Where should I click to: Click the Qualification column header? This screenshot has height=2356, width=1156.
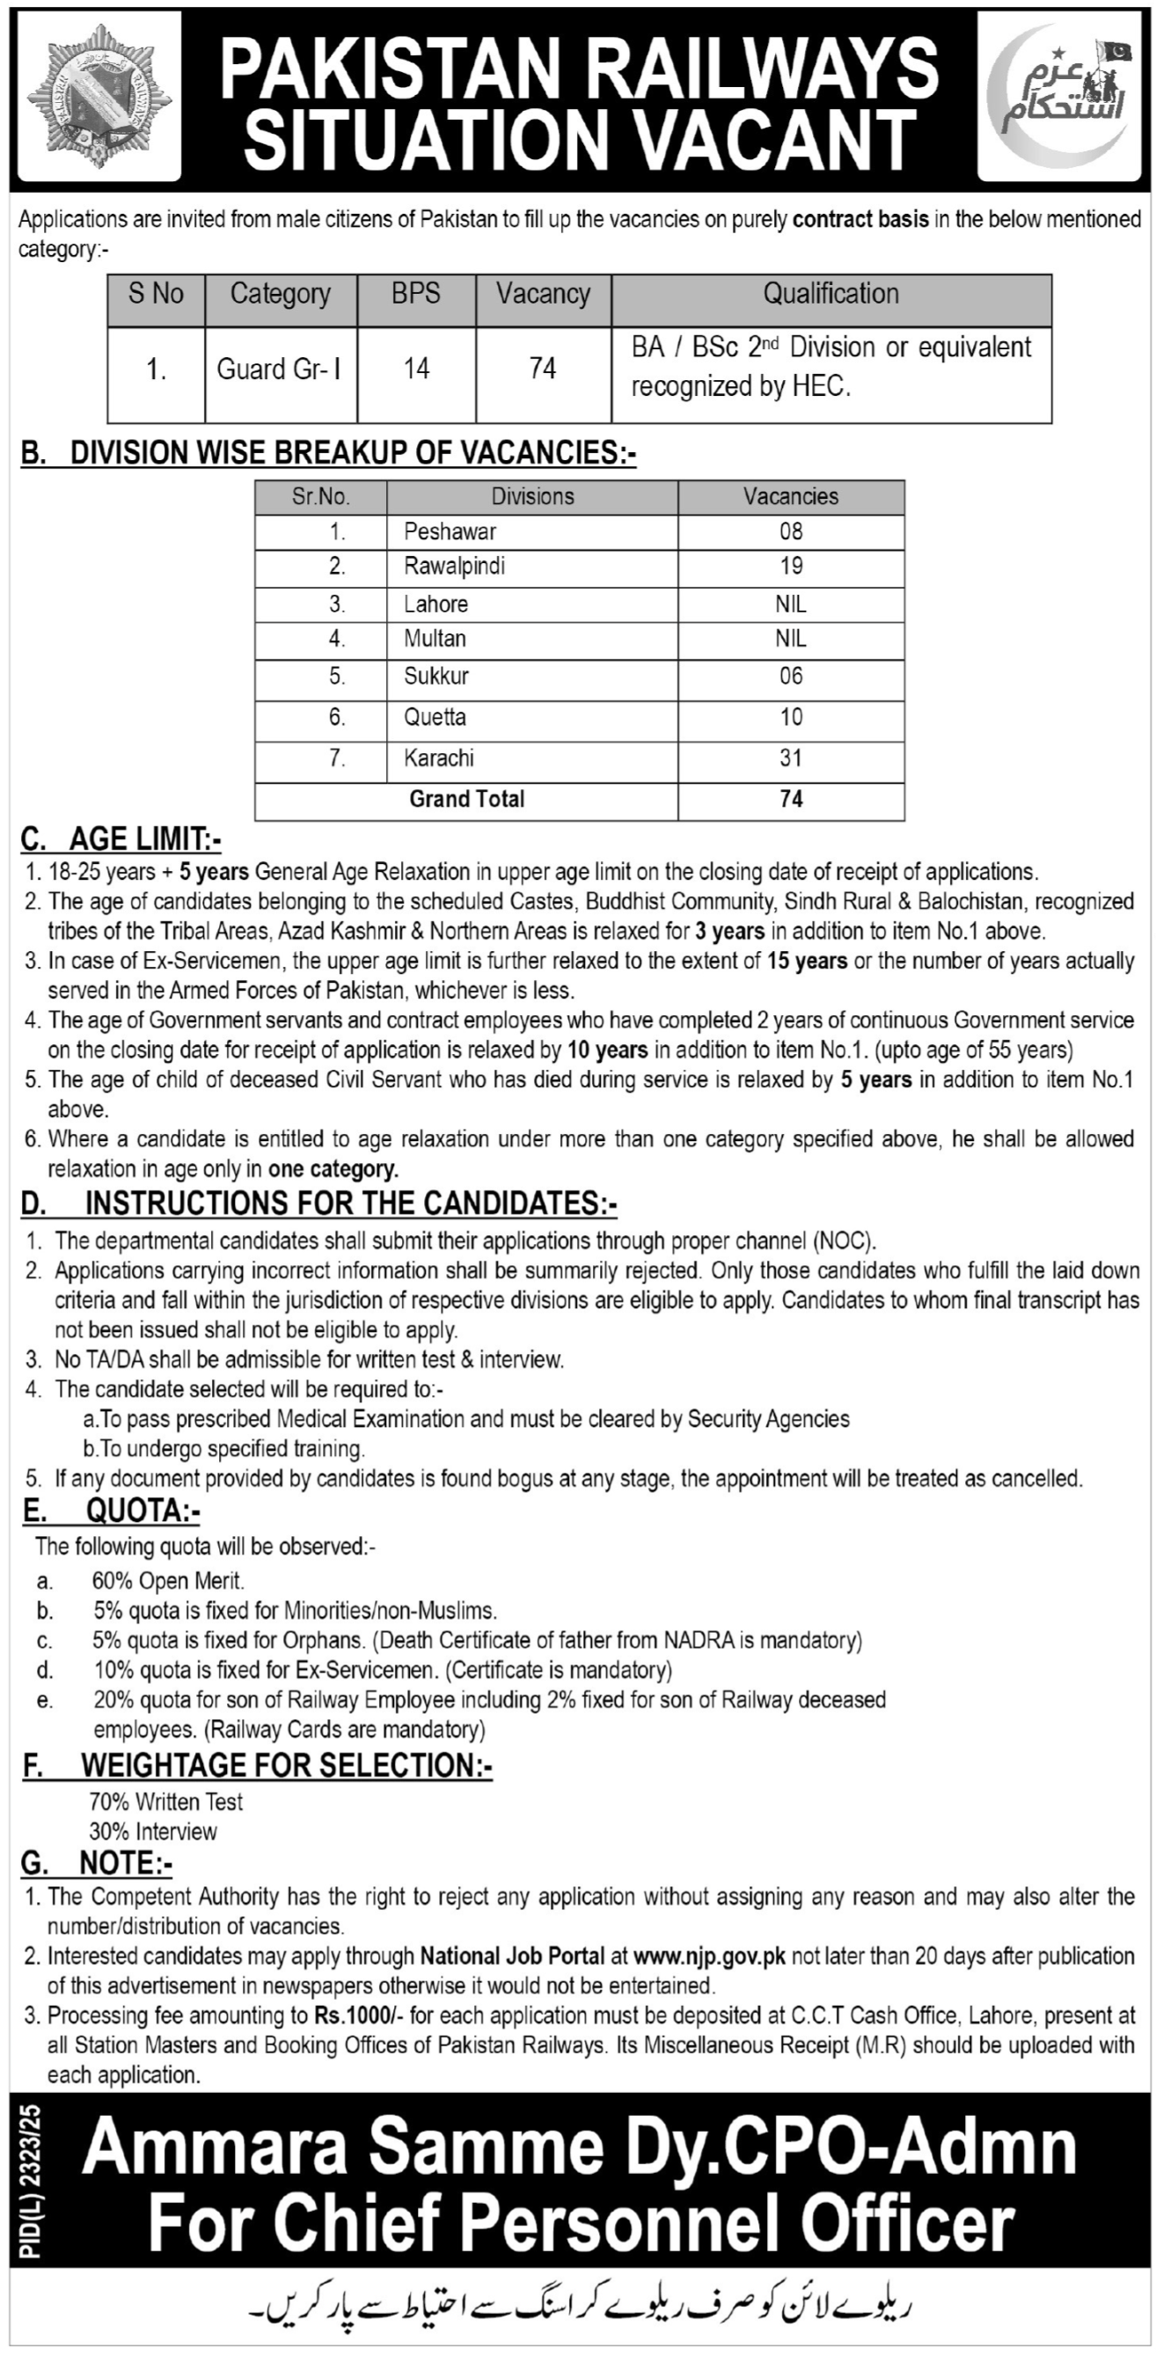click(830, 294)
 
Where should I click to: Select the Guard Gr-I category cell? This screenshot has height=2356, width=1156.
click(279, 369)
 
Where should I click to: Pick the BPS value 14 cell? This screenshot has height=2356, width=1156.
click(416, 369)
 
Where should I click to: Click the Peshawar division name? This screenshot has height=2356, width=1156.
click(450, 531)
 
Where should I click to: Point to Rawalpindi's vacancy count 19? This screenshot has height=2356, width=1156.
click(790, 567)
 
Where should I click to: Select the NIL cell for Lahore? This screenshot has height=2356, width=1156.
click(790, 604)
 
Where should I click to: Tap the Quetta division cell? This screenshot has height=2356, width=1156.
click(435, 717)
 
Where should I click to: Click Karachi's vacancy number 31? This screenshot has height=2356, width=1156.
click(790, 758)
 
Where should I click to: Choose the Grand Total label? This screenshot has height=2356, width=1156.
click(466, 800)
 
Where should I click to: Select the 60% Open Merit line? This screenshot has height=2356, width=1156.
click(168, 1581)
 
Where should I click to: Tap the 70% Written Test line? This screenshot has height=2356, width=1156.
click(165, 1802)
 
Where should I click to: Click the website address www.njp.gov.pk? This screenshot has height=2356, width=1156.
click(709, 1957)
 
